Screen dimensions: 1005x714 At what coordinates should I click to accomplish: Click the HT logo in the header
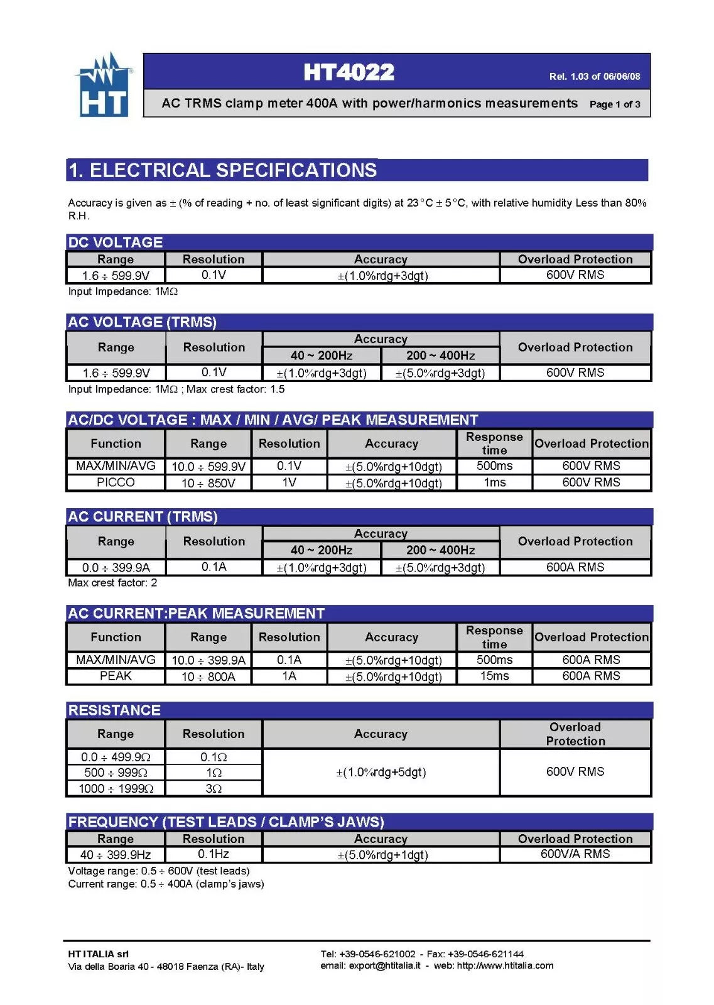pos(104,86)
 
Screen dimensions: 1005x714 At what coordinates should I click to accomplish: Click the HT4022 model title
pos(349,72)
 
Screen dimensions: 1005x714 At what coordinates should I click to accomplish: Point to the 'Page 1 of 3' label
pos(614,104)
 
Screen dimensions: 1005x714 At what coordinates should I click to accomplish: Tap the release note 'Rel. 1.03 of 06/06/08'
pos(594,77)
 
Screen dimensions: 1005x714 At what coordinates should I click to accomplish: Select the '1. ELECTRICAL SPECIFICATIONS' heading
pos(222,170)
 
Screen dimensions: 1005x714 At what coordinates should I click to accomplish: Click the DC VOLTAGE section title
pos(116,242)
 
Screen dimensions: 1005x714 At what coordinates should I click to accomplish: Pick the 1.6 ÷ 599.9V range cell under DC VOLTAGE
pos(116,276)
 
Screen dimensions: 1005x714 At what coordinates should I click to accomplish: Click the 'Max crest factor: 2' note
pos(112,583)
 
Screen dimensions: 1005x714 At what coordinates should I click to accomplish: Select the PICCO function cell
pos(116,482)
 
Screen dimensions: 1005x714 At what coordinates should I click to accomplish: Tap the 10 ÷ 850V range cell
pos(208,483)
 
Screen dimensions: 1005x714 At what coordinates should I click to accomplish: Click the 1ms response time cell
pos(494,482)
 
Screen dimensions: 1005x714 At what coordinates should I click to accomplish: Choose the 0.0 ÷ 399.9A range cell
pos(116,567)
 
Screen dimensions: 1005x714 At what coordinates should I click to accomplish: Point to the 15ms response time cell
pos(494,676)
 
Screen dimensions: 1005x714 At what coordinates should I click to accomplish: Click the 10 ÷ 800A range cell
pos(208,676)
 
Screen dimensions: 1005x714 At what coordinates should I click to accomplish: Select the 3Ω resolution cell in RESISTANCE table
pos(214,788)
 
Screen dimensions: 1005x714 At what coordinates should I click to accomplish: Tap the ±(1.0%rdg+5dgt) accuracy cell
pos(381,772)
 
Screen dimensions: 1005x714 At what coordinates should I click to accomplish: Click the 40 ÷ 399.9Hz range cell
pos(116,855)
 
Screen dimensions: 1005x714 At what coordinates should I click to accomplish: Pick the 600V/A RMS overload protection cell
pos(575,854)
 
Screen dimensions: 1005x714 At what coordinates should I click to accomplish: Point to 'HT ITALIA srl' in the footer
pos(98,954)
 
